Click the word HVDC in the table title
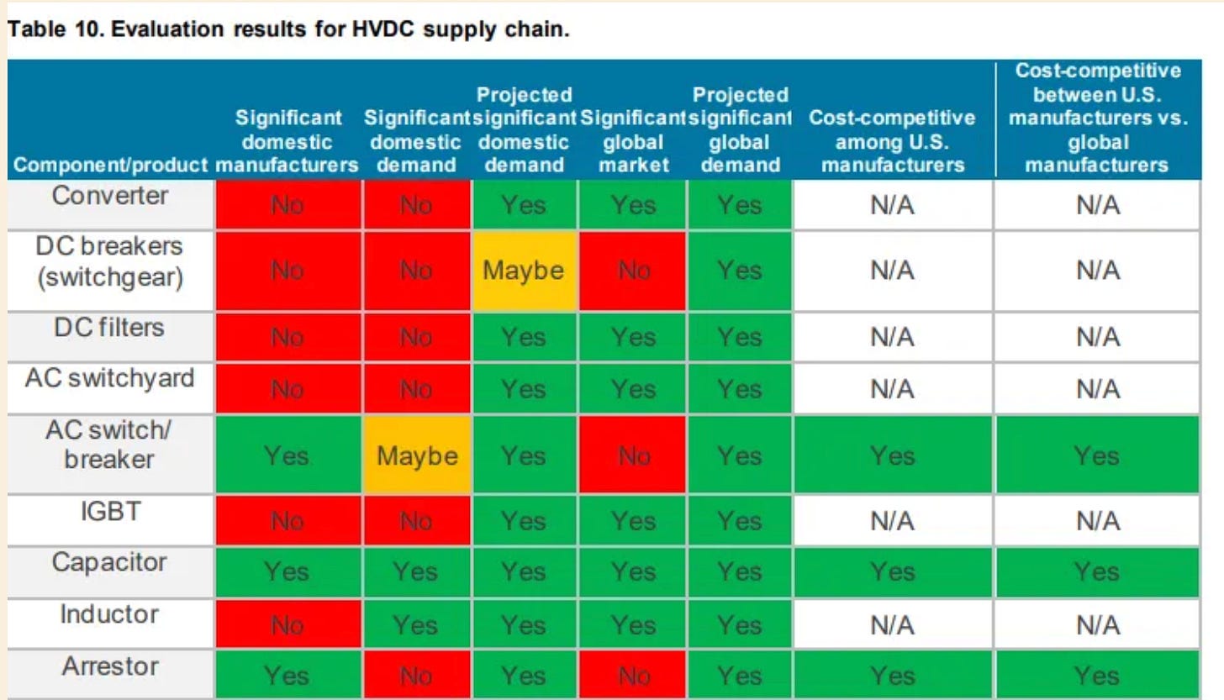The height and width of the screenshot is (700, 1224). click(382, 29)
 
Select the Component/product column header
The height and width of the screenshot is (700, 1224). click(110, 165)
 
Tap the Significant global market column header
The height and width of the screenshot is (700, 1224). click(633, 141)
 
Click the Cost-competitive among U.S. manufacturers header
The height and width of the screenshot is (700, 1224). click(892, 141)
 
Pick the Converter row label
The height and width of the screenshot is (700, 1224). click(110, 196)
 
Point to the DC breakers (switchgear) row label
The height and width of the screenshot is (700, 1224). click(110, 261)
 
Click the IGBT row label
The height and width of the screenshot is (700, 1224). click(111, 512)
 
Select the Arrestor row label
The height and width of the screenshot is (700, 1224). click(110, 666)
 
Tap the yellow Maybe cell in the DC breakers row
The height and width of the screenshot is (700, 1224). click(524, 271)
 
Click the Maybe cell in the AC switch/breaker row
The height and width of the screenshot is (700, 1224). click(417, 455)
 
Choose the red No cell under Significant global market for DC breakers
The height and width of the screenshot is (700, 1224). click(633, 271)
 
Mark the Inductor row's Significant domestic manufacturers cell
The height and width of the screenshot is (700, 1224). click(288, 624)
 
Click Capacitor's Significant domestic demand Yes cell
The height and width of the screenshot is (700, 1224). click(417, 571)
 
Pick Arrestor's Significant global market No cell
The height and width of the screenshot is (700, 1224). click(633, 676)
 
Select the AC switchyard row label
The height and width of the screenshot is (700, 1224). click(110, 378)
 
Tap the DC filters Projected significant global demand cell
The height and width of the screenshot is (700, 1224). click(739, 337)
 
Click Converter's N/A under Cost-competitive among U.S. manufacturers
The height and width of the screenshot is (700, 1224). click(892, 205)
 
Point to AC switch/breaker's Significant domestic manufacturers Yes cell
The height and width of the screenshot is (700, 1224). click(288, 455)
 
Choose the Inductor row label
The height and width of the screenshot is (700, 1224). click(110, 614)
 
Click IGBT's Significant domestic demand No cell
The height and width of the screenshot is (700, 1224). click(417, 520)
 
